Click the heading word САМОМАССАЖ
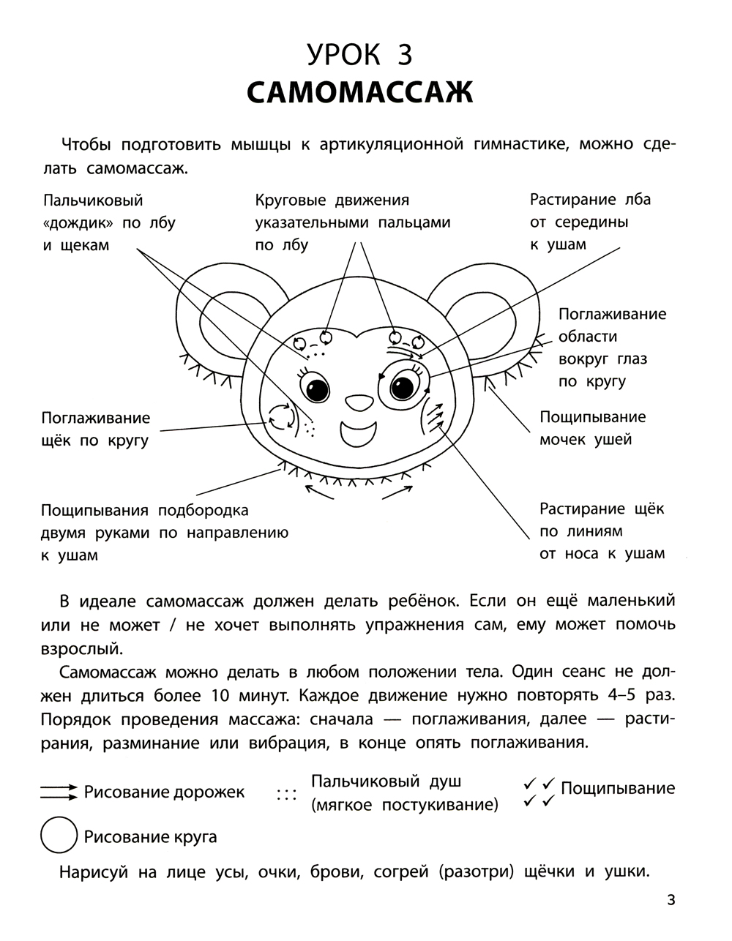coord(359,92)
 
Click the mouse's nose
coord(358,402)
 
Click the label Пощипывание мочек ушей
coord(592,428)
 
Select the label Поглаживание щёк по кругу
coord(96,429)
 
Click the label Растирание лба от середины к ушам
coord(589,222)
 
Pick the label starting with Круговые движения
coord(352,222)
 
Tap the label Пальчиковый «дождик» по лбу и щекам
coord(109,222)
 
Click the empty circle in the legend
coord(59,836)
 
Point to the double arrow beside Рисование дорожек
coord(59,791)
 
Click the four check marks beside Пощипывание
coord(539,792)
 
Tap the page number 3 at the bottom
coord(671,899)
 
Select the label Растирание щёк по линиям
coord(602,531)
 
